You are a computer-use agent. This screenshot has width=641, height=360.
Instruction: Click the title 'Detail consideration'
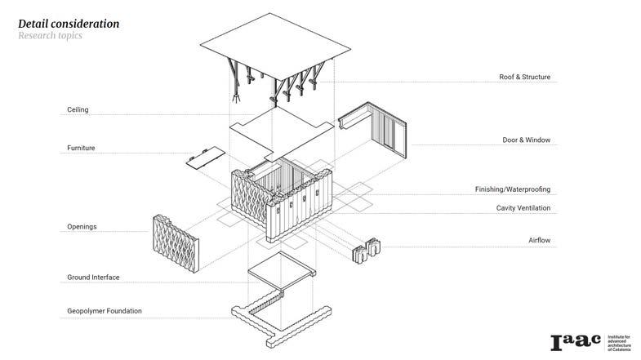[x=69, y=24]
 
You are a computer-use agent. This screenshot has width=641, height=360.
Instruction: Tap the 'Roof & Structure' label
[x=524, y=78]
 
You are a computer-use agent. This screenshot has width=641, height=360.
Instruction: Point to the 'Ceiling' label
[x=78, y=109]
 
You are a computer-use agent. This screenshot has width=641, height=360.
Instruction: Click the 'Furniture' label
[x=82, y=149]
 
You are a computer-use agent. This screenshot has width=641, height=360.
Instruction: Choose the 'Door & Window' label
[x=526, y=140]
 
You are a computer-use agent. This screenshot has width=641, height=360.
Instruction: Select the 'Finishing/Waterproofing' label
[x=513, y=189]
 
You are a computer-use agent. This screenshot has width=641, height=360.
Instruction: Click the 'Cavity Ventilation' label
[x=523, y=208]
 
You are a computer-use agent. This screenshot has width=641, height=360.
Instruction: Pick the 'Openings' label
[x=82, y=226]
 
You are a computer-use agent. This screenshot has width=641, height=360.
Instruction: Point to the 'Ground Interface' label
[x=93, y=278]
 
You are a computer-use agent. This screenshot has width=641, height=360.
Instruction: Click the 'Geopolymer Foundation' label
[x=105, y=311]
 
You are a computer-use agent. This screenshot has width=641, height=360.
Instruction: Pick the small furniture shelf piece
[x=204, y=157]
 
